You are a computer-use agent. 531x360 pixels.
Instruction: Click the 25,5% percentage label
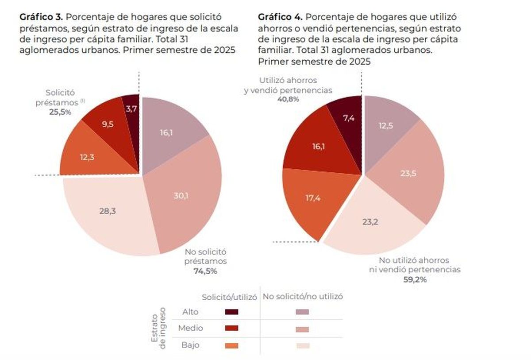pos(60,112)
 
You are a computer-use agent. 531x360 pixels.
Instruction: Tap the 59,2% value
pos(415,279)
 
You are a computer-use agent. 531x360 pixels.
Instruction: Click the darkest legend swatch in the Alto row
pos(231,312)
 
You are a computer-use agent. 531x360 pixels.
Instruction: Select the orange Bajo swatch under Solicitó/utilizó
pos(231,345)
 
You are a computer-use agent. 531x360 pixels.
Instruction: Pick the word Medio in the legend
pos(190,329)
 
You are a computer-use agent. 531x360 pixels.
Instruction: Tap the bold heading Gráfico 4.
pos(280,17)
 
